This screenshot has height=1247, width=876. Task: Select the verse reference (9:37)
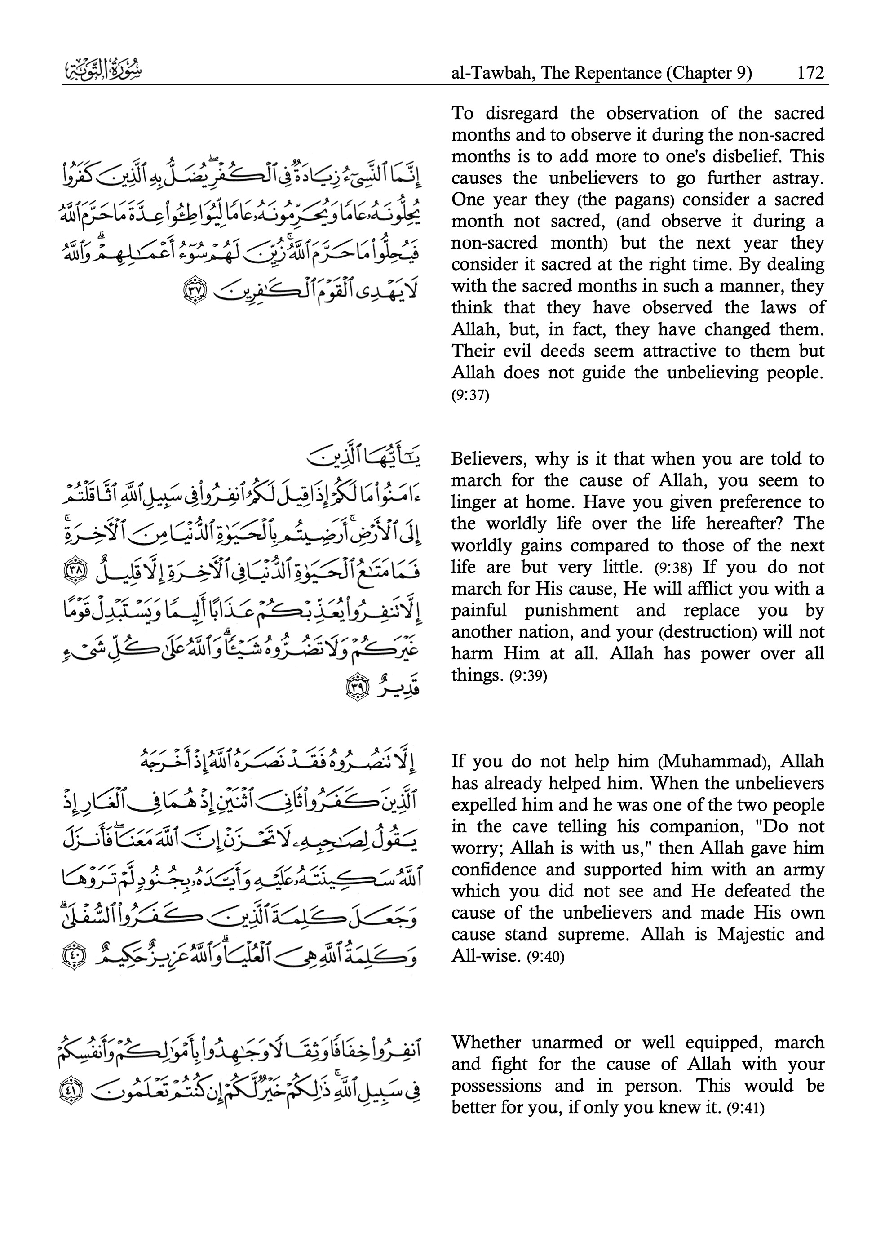(470, 395)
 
